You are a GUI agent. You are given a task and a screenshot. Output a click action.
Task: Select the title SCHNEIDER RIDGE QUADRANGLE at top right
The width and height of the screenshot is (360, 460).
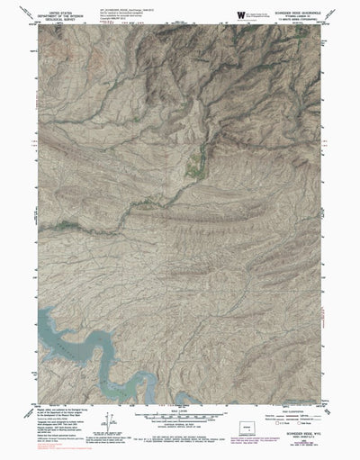coord(294,11)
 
